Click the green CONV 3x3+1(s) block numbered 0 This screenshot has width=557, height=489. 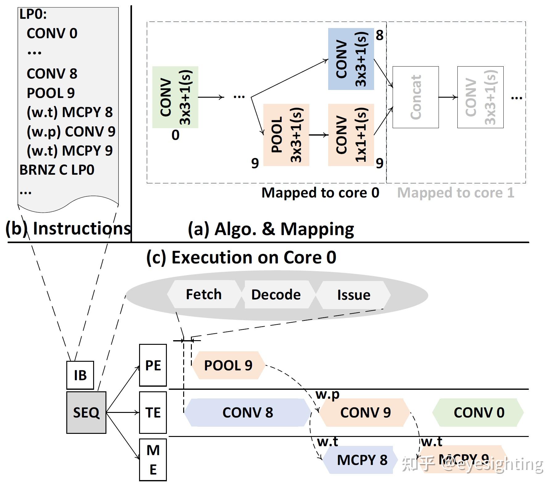click(175, 97)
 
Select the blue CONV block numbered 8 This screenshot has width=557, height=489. click(351, 59)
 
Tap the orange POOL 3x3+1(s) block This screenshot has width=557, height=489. click(286, 135)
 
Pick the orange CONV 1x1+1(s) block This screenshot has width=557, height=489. click(351, 135)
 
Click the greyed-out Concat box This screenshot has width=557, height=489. click(415, 97)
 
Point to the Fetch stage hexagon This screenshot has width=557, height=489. click(204, 294)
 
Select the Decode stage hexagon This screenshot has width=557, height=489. click(276, 294)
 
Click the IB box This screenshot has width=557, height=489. click(80, 375)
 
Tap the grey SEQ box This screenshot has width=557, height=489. click(86, 412)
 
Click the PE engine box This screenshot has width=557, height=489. click(153, 365)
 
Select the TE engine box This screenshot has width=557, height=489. click(153, 412)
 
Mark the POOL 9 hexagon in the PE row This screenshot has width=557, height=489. click(228, 365)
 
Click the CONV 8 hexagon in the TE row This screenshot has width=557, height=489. click(248, 412)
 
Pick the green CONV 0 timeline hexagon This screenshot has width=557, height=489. click(478, 412)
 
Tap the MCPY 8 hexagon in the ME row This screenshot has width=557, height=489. click(361, 460)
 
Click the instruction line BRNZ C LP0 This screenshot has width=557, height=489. click(57, 170)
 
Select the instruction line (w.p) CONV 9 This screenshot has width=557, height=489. click(71, 132)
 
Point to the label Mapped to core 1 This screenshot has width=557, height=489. click(456, 193)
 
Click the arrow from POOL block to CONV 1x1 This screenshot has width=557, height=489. click(318, 135)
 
